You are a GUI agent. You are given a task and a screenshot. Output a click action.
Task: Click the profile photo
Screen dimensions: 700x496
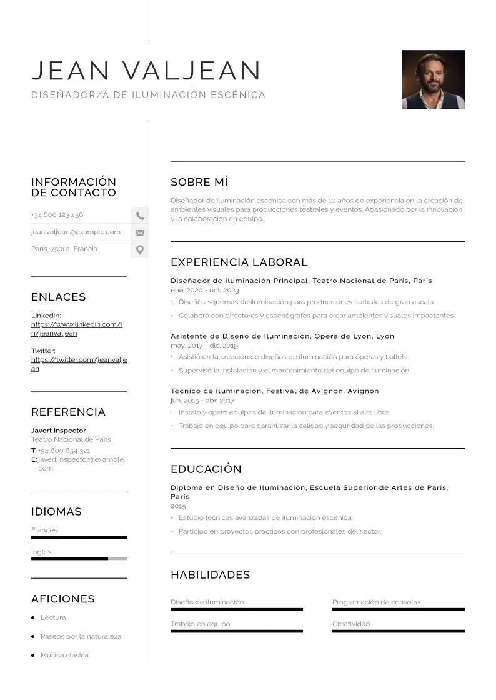click(433, 79)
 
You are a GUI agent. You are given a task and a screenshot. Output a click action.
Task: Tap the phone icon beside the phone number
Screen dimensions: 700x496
click(140, 216)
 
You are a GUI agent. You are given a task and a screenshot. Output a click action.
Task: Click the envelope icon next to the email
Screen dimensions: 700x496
click(140, 232)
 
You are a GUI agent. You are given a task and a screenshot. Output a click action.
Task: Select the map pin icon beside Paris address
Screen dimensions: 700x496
click(140, 250)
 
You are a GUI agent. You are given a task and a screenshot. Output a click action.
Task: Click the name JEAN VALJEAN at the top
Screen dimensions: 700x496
click(146, 71)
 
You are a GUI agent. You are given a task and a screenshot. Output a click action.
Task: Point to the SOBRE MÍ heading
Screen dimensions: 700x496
click(199, 182)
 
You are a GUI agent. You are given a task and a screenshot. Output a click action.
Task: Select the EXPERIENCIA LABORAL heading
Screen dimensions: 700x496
click(239, 262)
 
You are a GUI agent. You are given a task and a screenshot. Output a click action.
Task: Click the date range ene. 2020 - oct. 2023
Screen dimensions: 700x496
click(205, 291)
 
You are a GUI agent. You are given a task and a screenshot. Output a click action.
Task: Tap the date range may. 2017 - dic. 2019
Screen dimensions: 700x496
click(204, 346)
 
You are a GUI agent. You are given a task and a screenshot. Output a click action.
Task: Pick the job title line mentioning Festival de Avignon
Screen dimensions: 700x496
click(275, 391)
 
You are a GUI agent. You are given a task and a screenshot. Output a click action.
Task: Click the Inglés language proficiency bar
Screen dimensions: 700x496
click(79, 559)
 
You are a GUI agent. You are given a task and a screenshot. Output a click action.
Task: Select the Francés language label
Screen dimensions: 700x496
click(44, 530)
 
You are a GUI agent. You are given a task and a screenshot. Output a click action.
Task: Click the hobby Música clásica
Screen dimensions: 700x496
click(64, 655)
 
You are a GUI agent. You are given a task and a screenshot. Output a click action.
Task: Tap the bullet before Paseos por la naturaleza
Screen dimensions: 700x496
click(33, 636)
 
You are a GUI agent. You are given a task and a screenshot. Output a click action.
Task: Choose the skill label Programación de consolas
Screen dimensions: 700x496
click(376, 602)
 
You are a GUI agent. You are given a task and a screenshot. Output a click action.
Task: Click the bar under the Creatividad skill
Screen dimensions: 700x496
click(398, 631)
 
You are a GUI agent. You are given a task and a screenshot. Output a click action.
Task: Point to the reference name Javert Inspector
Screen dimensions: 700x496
click(59, 431)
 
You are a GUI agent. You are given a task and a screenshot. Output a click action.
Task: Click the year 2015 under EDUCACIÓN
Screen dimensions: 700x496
click(178, 506)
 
